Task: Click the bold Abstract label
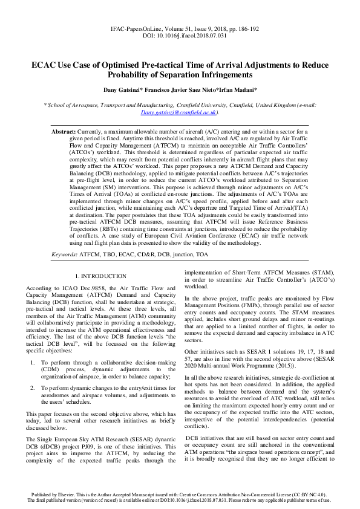(64, 131)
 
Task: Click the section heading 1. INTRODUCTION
(104, 276)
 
